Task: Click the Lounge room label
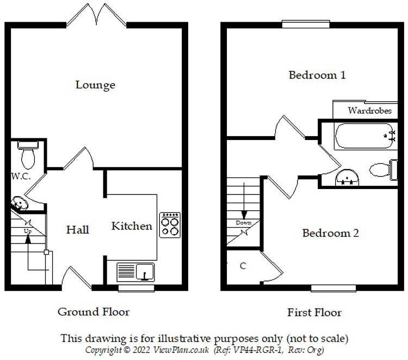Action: click(x=95, y=85)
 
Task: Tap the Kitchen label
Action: click(x=132, y=226)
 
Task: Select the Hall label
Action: click(x=78, y=230)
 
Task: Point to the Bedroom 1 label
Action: click(x=317, y=75)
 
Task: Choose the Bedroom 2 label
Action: click(x=330, y=233)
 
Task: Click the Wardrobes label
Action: click(x=370, y=111)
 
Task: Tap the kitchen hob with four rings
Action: click(x=170, y=224)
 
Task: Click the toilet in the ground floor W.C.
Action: click(x=27, y=155)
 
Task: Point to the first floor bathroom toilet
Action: click(x=381, y=169)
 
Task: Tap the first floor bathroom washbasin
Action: click(x=347, y=176)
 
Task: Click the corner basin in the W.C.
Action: click(x=20, y=203)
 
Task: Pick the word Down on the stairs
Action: click(x=244, y=223)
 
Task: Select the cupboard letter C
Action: click(x=243, y=266)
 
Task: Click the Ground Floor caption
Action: click(x=94, y=312)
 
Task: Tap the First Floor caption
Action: click(x=314, y=313)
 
